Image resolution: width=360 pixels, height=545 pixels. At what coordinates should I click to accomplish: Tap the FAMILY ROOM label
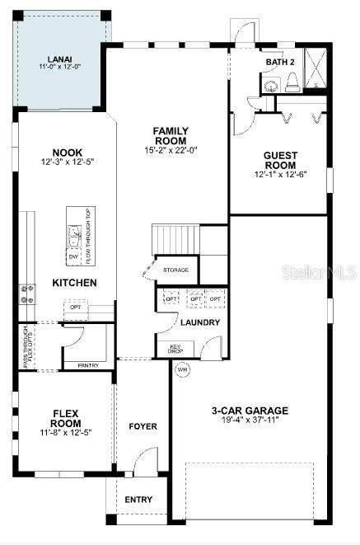pos(171,135)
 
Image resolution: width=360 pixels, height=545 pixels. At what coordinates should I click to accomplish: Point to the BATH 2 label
pos(280,63)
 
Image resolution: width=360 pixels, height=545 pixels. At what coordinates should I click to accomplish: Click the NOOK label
pos(67,153)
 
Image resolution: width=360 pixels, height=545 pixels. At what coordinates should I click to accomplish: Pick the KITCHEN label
pos(75,283)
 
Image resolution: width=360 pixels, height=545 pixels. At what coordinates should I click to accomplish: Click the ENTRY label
pos(138,500)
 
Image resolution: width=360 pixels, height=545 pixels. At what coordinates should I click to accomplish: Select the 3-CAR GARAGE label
pos(250,410)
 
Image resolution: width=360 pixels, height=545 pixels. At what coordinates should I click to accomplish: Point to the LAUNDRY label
pos(200,322)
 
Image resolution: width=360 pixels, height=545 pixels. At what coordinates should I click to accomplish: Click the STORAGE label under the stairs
pos(175,270)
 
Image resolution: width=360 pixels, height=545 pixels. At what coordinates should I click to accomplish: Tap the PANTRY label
pos(88,364)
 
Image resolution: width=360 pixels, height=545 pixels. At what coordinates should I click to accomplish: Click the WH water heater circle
pos(182,370)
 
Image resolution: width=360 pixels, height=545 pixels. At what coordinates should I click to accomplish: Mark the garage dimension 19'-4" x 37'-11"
pos(250,421)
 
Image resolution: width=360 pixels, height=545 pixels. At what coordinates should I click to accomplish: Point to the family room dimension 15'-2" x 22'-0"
pos(171,149)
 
